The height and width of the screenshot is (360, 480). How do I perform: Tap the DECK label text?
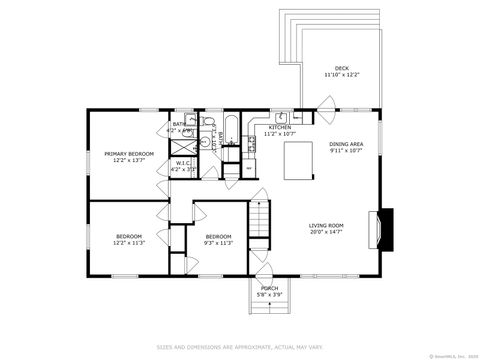(x=341, y=68)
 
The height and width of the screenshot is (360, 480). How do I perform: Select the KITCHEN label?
(x=279, y=127)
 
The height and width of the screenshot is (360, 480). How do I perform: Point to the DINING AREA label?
(x=346, y=144)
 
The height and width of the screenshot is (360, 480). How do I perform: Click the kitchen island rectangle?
(x=299, y=159)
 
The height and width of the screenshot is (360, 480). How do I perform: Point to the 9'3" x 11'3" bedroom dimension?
(x=218, y=243)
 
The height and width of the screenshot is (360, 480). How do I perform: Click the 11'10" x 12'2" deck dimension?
(x=341, y=75)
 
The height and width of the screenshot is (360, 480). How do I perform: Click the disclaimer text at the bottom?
(x=240, y=347)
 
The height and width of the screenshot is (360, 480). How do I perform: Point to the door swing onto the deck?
(x=327, y=103)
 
